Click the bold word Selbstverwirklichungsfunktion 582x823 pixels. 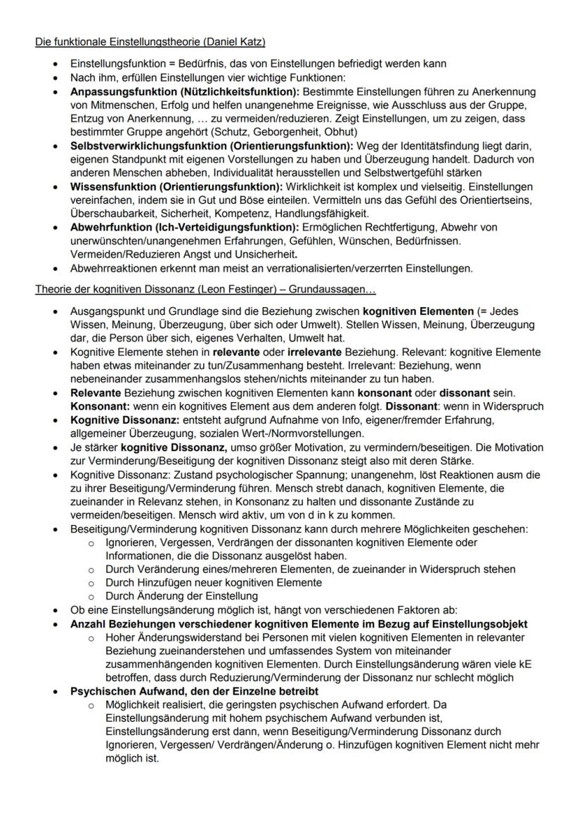coord(148,145)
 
